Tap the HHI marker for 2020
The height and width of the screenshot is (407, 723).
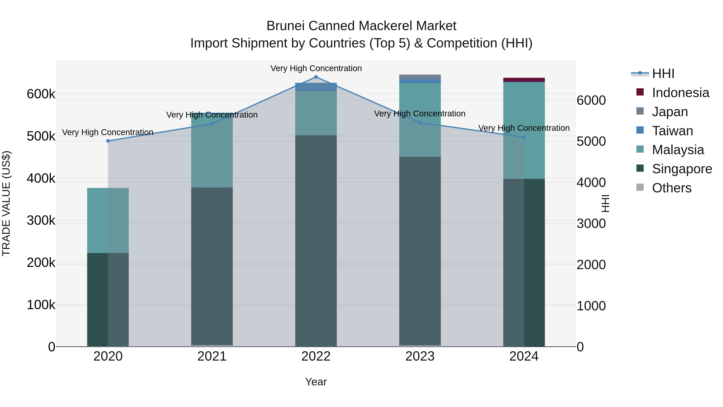(x=108, y=141)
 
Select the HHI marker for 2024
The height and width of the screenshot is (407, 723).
(x=524, y=137)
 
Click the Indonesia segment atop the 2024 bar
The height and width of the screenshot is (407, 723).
(x=524, y=80)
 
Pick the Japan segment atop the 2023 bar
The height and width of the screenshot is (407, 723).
(x=420, y=77)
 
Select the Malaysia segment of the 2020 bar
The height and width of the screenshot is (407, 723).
(x=108, y=220)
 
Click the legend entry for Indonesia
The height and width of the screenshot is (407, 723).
(x=680, y=93)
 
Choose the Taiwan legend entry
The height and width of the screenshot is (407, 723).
(x=672, y=131)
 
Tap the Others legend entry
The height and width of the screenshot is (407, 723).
(x=672, y=188)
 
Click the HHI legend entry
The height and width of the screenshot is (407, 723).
(x=663, y=74)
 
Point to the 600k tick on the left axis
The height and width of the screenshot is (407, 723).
(x=41, y=94)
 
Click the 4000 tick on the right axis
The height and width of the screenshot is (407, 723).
(x=591, y=182)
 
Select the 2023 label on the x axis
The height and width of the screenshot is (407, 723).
(x=420, y=356)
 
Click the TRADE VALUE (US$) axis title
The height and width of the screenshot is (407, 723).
(x=6, y=203)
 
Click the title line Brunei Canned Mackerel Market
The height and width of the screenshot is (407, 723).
(x=361, y=26)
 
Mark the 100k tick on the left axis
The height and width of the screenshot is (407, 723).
(x=41, y=305)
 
